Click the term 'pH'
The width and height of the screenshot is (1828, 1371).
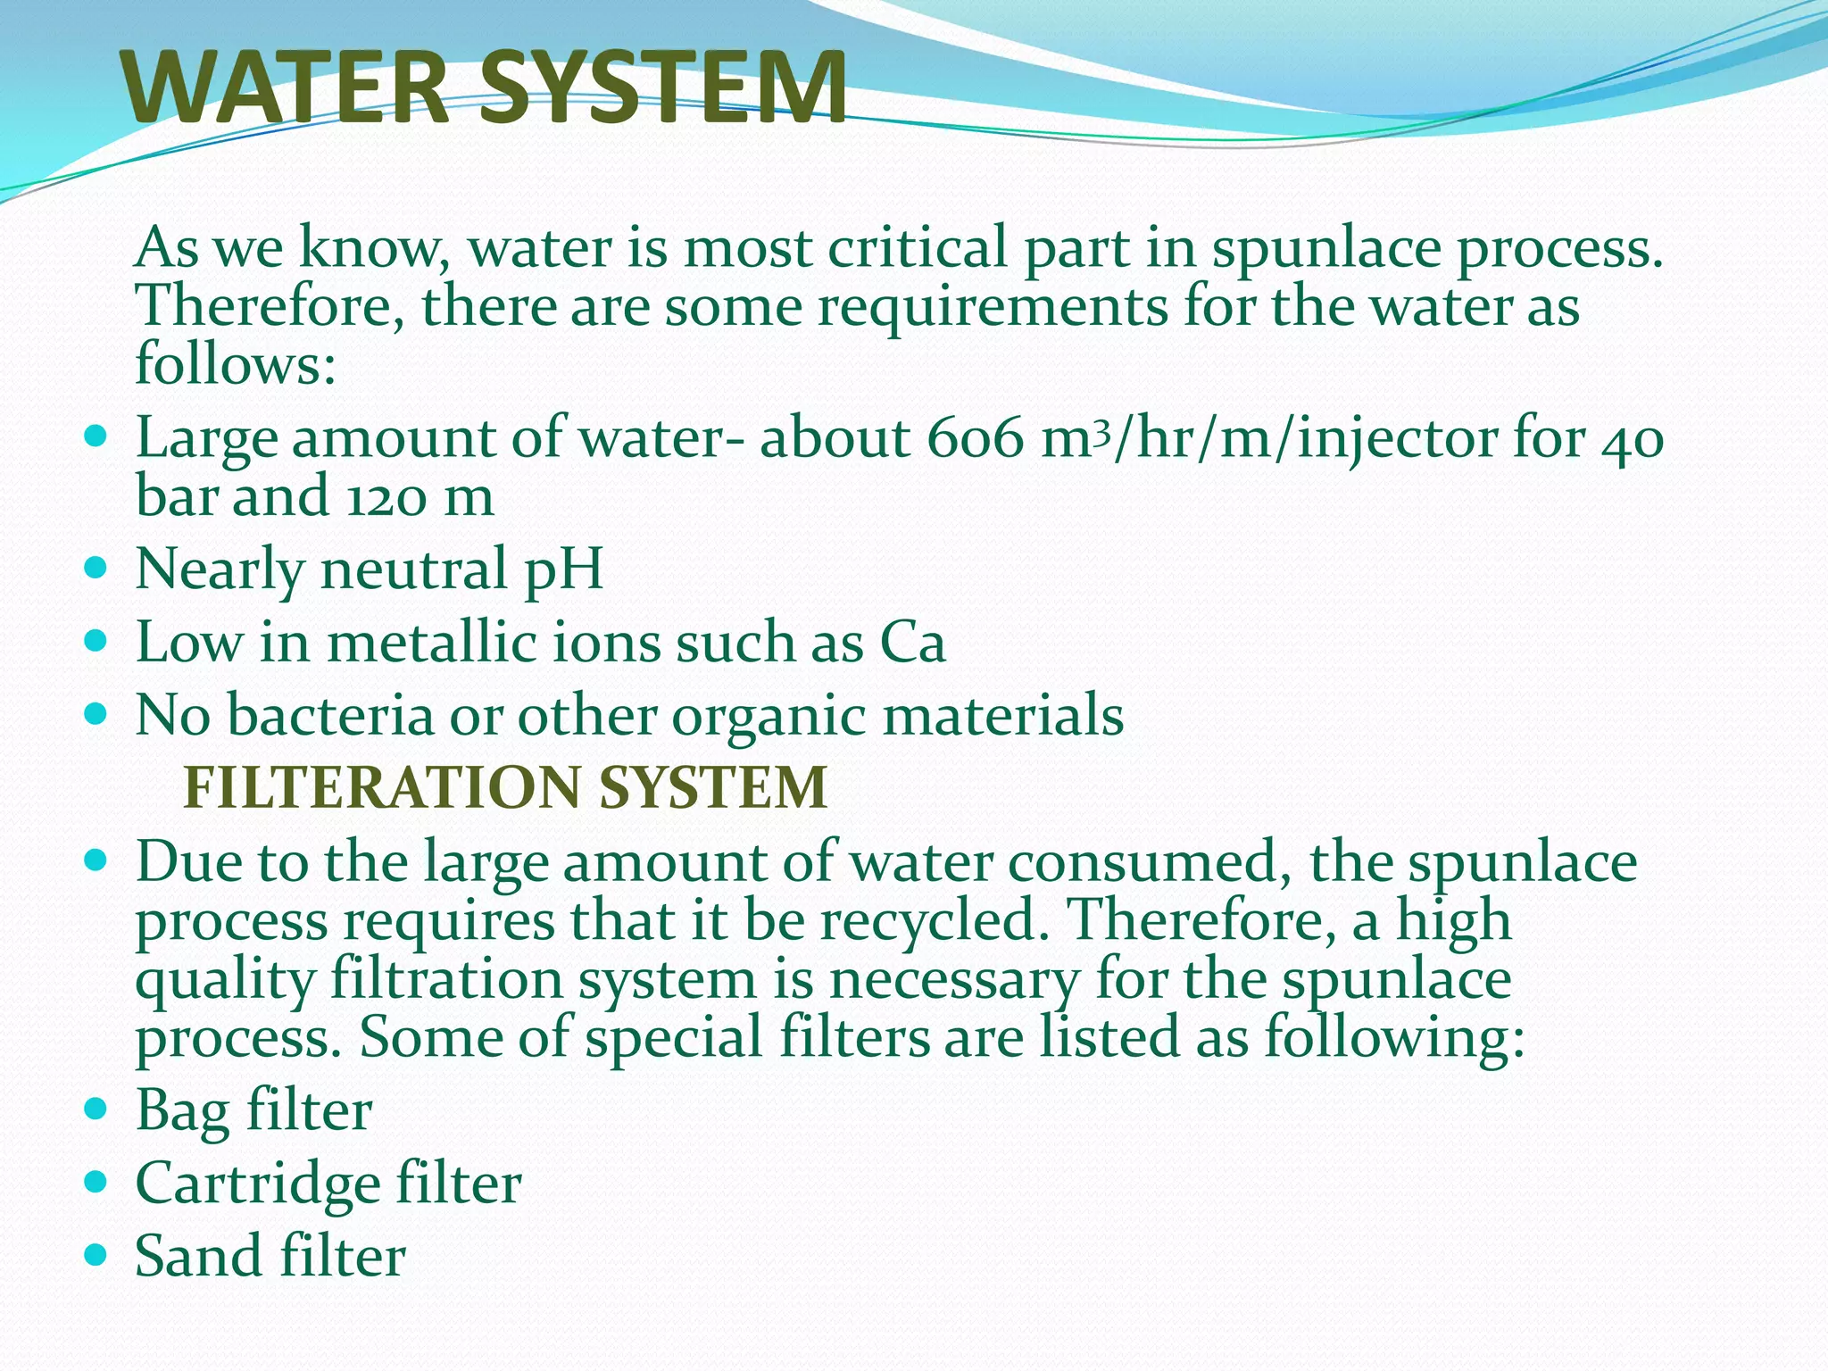pyautogui.click(x=563, y=570)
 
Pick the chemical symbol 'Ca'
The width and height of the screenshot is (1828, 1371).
pyautogui.click(x=912, y=643)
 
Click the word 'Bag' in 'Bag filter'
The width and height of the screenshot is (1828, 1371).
pyautogui.click(x=182, y=1112)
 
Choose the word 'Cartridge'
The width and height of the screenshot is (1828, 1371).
pyautogui.click(x=257, y=1185)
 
